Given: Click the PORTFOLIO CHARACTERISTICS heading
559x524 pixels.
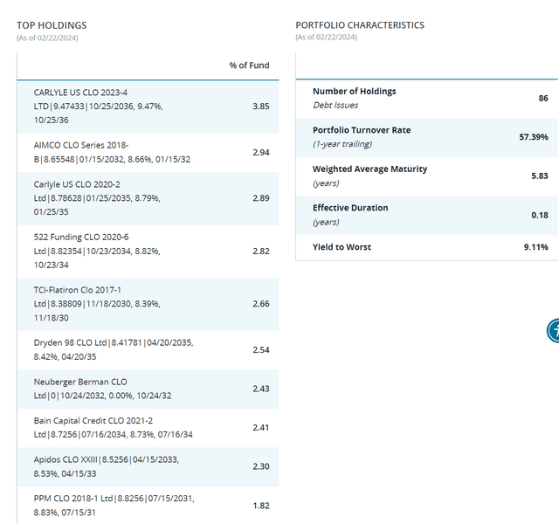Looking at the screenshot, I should (360, 25).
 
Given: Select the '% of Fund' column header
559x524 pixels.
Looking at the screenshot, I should (249, 65).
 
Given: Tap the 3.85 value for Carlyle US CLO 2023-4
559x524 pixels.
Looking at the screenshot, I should (260, 106).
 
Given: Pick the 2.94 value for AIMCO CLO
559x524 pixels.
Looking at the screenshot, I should (260, 152).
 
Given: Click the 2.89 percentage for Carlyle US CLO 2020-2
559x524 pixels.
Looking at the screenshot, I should (260, 198).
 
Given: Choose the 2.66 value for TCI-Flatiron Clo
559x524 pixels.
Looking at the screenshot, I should (260, 304).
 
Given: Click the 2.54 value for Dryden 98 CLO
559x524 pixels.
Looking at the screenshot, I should (260, 350).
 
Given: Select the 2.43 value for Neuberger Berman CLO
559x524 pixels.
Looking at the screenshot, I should (260, 389).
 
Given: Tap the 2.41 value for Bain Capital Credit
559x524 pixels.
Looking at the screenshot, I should (260, 428).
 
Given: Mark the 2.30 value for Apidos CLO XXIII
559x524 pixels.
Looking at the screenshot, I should (260, 466).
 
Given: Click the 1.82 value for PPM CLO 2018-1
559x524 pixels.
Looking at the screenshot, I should (260, 506).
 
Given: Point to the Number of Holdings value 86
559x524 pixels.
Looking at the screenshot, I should (543, 98).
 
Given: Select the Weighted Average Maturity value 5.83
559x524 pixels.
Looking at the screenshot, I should (540, 176).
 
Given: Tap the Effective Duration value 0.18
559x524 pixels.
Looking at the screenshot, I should (540, 215).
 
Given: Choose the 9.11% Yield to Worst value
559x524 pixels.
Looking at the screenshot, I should (536, 247).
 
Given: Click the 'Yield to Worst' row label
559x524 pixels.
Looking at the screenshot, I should (342, 247).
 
